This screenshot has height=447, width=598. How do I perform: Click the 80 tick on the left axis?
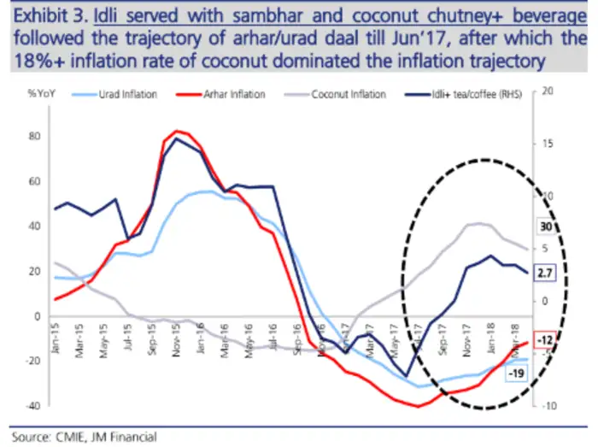coord(35,137)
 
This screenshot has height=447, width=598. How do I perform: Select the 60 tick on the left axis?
coord(35,181)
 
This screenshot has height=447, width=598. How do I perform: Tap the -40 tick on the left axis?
coord(32,405)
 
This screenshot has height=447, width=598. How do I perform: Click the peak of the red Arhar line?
coord(177,131)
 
